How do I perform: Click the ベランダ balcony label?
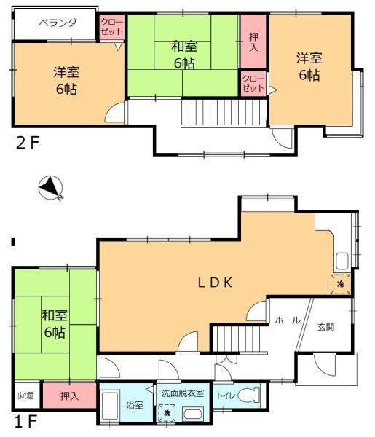point(58,23)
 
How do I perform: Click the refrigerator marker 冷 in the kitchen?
point(340,283)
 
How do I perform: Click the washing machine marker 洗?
point(168,413)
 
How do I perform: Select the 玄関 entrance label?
point(325,327)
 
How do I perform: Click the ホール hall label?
point(286,320)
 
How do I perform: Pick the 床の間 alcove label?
point(25,396)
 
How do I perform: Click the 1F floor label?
point(25,422)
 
